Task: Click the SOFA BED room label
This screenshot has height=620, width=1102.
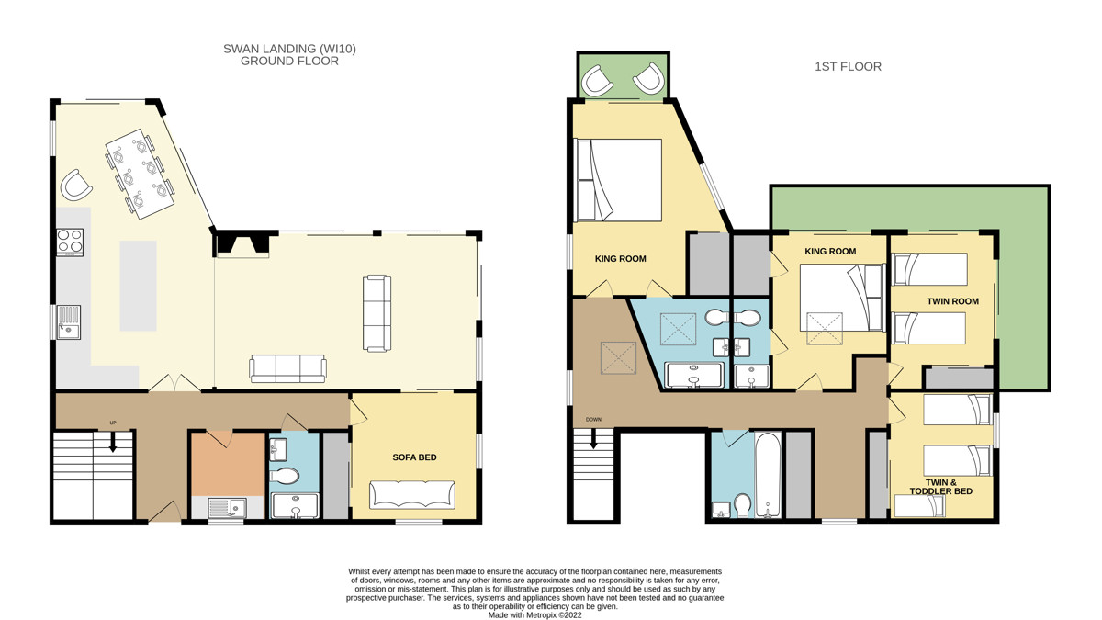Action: click(x=414, y=457)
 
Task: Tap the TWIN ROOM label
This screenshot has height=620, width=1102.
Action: click(x=952, y=301)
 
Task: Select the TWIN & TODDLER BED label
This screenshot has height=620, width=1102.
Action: click(x=940, y=487)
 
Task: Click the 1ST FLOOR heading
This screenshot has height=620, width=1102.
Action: click(x=848, y=66)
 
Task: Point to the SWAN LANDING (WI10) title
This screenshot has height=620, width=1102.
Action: click(x=289, y=49)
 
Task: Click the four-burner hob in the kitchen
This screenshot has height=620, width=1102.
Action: click(x=70, y=242)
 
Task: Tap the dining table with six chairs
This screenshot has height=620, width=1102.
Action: click(x=140, y=174)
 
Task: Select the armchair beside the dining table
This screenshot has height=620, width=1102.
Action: click(x=75, y=185)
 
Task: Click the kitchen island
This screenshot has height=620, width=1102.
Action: click(x=139, y=286)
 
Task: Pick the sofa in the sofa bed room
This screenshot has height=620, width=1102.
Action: click(x=412, y=494)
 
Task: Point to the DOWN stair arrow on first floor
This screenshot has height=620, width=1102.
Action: click(x=593, y=438)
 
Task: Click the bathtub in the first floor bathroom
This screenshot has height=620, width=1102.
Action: click(x=768, y=476)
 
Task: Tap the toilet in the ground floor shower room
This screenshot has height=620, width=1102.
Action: click(x=285, y=476)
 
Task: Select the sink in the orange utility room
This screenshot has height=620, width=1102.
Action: click(x=227, y=507)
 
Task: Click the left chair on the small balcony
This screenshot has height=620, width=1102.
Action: click(x=597, y=81)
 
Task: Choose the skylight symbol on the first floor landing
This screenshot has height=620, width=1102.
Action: click(x=618, y=357)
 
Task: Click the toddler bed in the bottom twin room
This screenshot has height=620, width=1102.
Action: click(x=919, y=506)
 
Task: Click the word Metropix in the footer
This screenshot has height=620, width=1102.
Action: click(x=541, y=615)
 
